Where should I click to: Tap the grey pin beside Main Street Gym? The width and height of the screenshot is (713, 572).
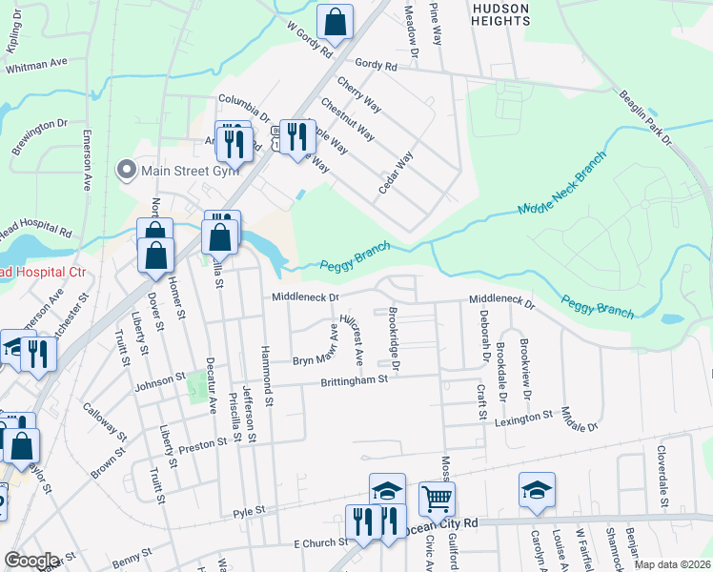coord(126,172)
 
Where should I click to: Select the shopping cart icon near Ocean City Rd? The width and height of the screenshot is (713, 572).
coord(437,498)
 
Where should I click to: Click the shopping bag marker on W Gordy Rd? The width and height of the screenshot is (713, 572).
coord(336,20)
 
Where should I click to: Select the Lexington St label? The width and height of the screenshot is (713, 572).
coord(523,417)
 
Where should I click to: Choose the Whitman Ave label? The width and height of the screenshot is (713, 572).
coord(36,65)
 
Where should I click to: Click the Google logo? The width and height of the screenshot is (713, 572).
coord(31,561)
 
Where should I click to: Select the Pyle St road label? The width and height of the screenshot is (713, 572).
coord(249,512)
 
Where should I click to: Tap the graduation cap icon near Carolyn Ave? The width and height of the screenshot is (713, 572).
coord(537,490)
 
